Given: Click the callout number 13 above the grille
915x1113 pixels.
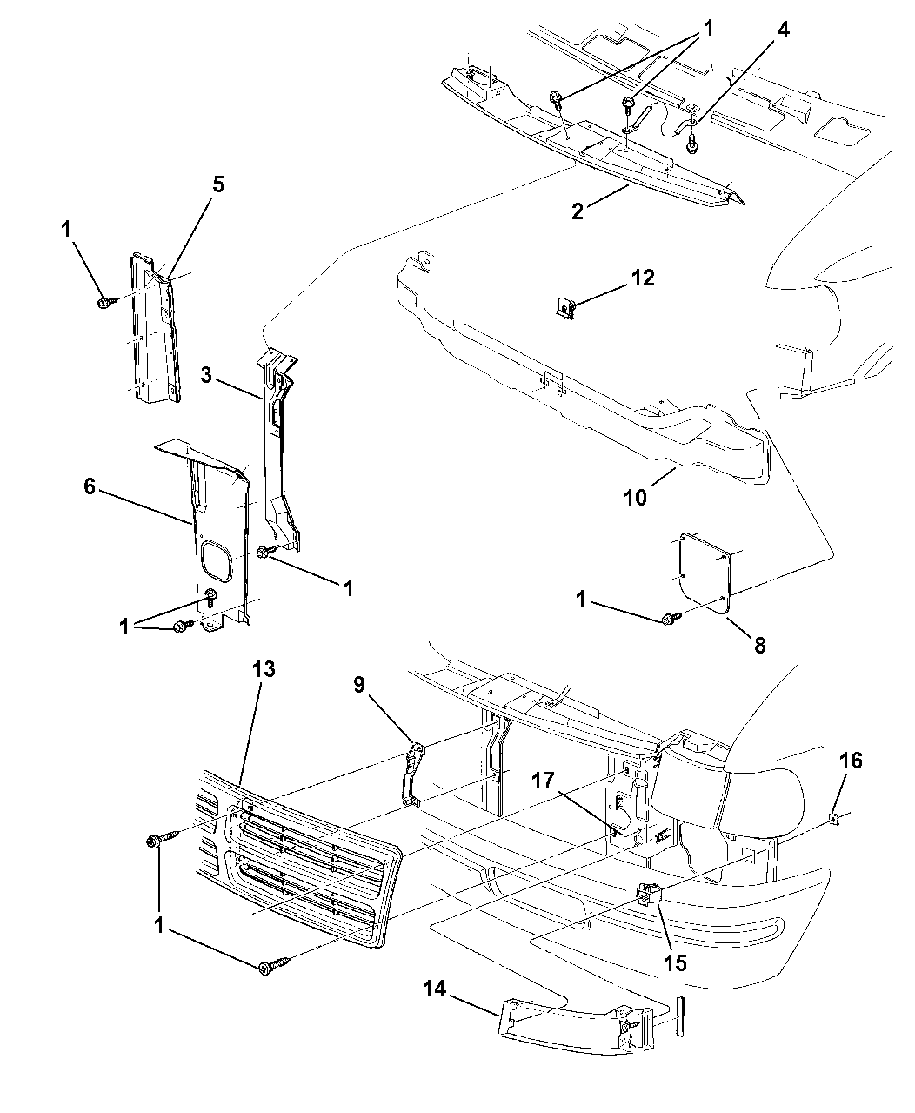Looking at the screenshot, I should [264, 669].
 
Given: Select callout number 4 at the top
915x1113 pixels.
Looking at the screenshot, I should [783, 30].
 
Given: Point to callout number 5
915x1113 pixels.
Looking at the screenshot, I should [217, 184].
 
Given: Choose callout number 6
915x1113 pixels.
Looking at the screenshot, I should [90, 487].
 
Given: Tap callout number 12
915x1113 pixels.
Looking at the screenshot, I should [643, 278].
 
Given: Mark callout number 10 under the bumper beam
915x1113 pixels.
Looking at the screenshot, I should [635, 497].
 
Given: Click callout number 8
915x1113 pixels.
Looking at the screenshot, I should [759, 646].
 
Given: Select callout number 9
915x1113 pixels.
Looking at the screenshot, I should [358, 686].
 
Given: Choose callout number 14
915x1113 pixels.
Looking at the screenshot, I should [436, 989].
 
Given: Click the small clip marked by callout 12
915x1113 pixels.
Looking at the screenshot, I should [565, 307].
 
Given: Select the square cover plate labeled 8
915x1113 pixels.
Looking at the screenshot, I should [705, 571].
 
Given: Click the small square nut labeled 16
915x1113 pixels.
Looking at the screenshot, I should [833, 817].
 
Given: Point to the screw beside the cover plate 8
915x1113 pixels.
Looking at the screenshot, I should [669, 619].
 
